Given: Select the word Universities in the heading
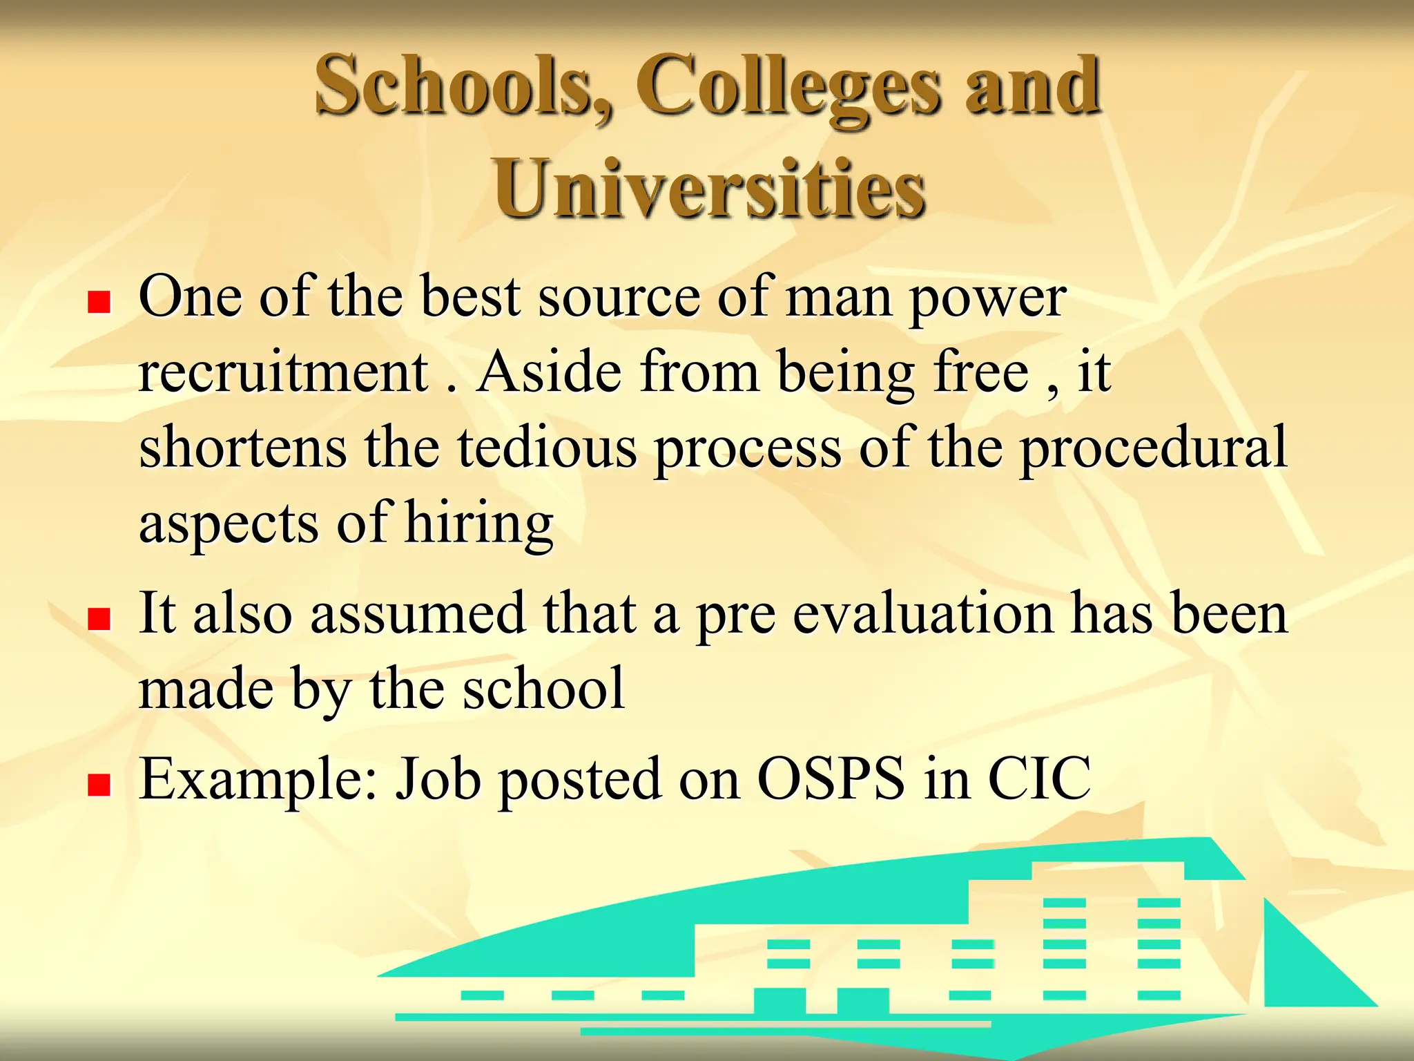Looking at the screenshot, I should (709, 189).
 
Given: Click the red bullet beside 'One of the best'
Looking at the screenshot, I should (99, 302).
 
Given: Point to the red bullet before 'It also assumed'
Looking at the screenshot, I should (99, 619).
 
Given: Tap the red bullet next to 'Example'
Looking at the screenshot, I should (99, 785).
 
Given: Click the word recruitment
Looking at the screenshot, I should (283, 373).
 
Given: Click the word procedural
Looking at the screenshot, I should (1153, 449).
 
